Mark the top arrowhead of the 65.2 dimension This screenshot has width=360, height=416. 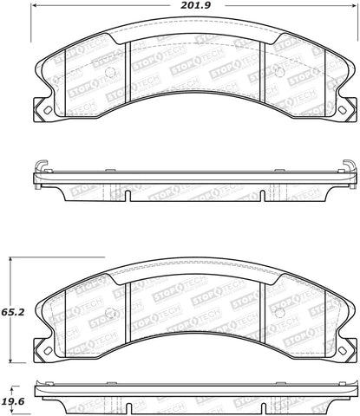pyautogui.click(x=10, y=261)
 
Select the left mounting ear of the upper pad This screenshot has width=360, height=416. pyautogui.click(x=40, y=112)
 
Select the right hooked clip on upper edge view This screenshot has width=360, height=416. pyautogui.click(x=345, y=166)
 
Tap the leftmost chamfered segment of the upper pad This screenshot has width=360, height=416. pyautogui.click(x=54, y=78)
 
